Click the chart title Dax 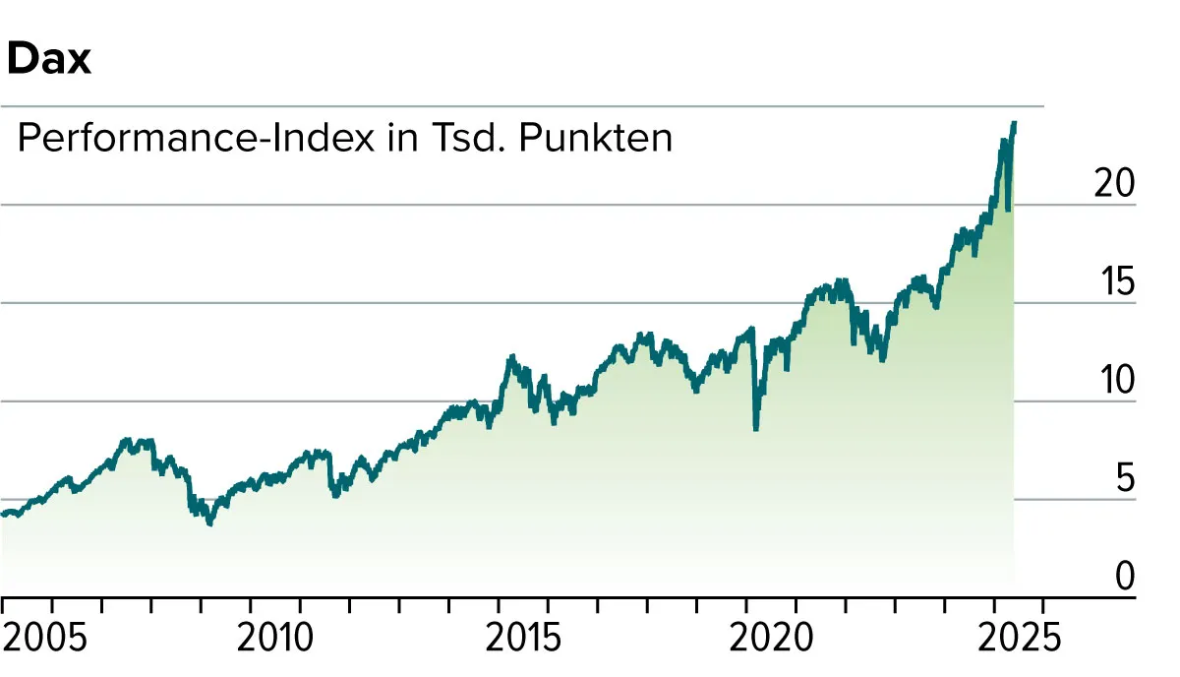(x=48, y=60)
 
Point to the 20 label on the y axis (x=1114, y=184)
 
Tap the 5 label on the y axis (x=1124, y=478)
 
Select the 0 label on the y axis (x=1124, y=577)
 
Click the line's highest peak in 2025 (x=1014, y=123)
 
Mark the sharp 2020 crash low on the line (x=755, y=429)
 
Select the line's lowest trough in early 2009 (x=209, y=523)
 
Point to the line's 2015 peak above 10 (x=510, y=358)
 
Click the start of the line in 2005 (x=3, y=514)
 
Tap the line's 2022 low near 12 (x=882, y=359)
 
